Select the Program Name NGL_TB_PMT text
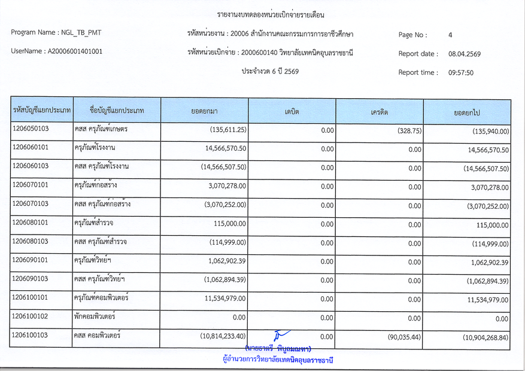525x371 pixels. (x=51, y=32)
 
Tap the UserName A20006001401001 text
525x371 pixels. (x=56, y=51)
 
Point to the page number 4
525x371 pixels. (x=450, y=35)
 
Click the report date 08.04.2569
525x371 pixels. (x=464, y=54)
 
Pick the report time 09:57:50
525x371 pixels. (x=461, y=72)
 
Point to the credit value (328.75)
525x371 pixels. (x=409, y=130)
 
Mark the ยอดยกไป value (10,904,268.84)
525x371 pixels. (x=485, y=338)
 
